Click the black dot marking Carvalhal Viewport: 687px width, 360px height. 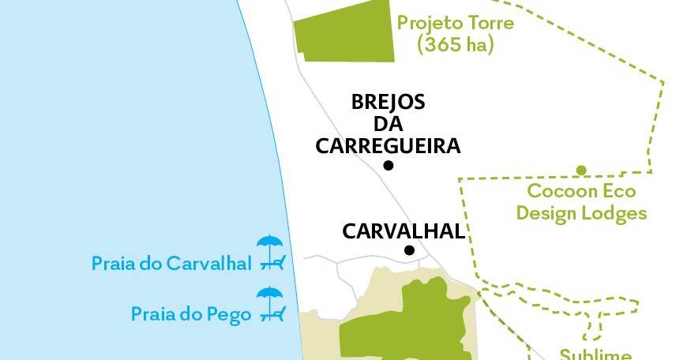(409, 250)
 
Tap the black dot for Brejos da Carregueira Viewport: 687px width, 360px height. (388, 165)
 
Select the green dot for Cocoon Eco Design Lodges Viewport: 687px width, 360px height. (581, 170)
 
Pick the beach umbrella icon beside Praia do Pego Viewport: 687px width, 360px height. (271, 304)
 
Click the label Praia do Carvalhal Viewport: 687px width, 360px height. (171, 263)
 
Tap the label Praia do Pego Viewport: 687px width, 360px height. (190, 314)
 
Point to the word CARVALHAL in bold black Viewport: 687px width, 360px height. (403, 231)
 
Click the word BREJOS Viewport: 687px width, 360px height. (388, 103)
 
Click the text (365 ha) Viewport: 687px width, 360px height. (456, 45)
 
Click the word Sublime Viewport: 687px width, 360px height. (595, 354)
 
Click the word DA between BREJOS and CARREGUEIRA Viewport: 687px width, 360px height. (388, 124)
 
